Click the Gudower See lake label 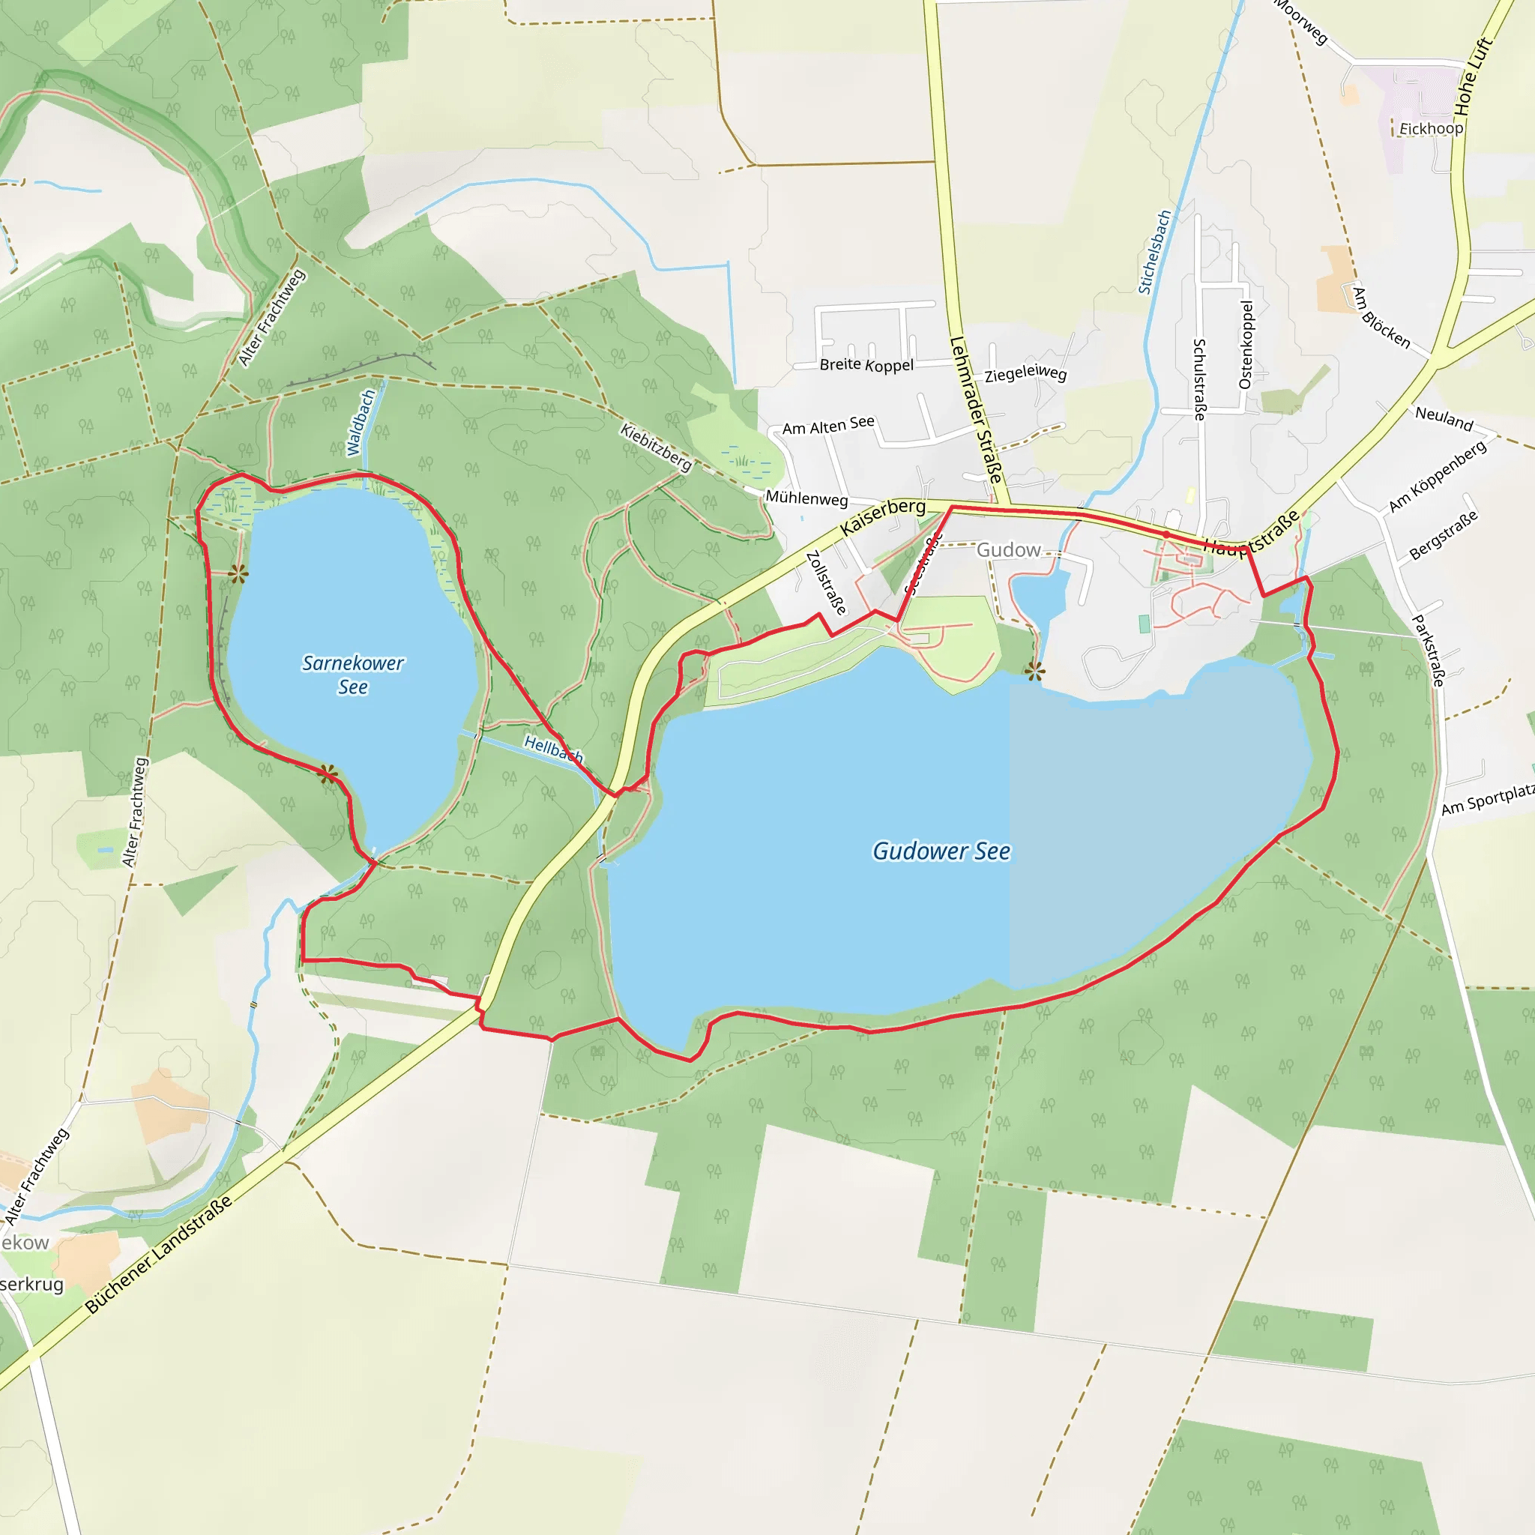click(941, 851)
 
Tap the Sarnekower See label click(353, 675)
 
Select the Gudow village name click(1008, 550)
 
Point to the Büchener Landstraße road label click(158, 1254)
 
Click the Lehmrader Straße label click(976, 410)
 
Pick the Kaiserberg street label click(883, 516)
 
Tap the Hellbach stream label click(554, 749)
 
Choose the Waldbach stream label click(361, 423)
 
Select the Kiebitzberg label click(656, 447)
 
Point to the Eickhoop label click(1431, 129)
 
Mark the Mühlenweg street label click(806, 498)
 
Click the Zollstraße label click(826, 582)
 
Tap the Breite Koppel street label click(866, 365)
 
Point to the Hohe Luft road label click(1474, 76)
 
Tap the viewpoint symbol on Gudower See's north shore click(1034, 672)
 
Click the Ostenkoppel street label click(1246, 345)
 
